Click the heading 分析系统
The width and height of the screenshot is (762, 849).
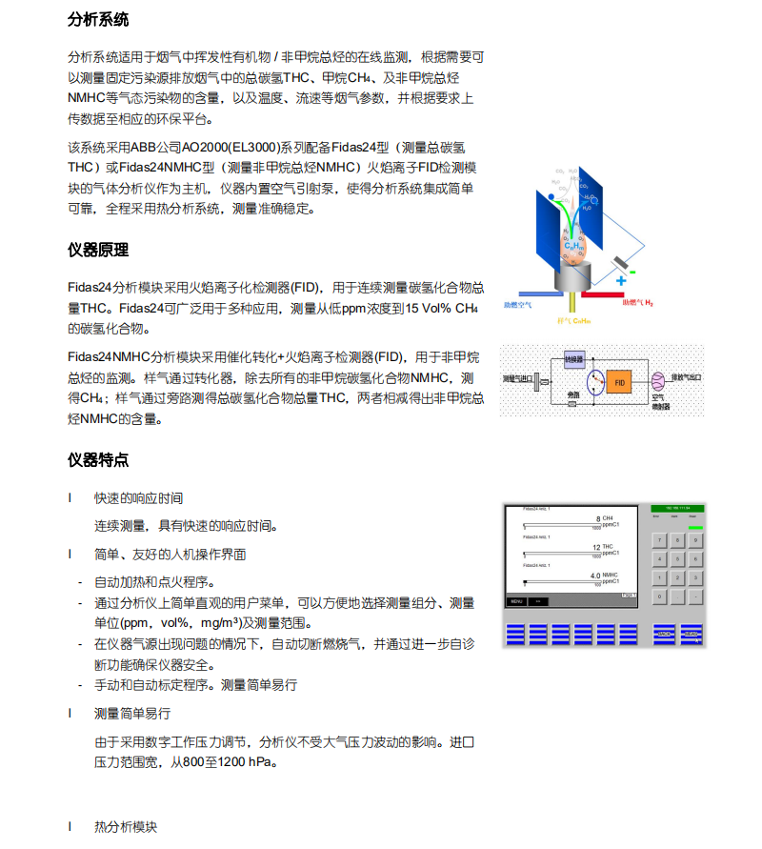98,20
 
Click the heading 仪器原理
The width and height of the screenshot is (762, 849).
98,251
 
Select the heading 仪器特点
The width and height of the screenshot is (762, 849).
98,460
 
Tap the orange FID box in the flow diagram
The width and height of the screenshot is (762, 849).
619,381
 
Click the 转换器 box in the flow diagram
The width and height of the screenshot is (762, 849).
573,359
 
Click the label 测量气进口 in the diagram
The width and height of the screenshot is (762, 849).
518,379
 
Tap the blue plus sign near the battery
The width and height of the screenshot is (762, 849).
621,281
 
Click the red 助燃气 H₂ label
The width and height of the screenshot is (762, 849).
637,303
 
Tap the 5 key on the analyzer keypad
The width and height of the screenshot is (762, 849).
678,559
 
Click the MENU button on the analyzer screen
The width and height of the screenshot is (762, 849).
517,601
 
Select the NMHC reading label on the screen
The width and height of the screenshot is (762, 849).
611,576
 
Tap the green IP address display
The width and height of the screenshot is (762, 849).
678,509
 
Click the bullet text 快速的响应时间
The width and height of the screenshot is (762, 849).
138,498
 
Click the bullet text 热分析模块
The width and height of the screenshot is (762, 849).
125,827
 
